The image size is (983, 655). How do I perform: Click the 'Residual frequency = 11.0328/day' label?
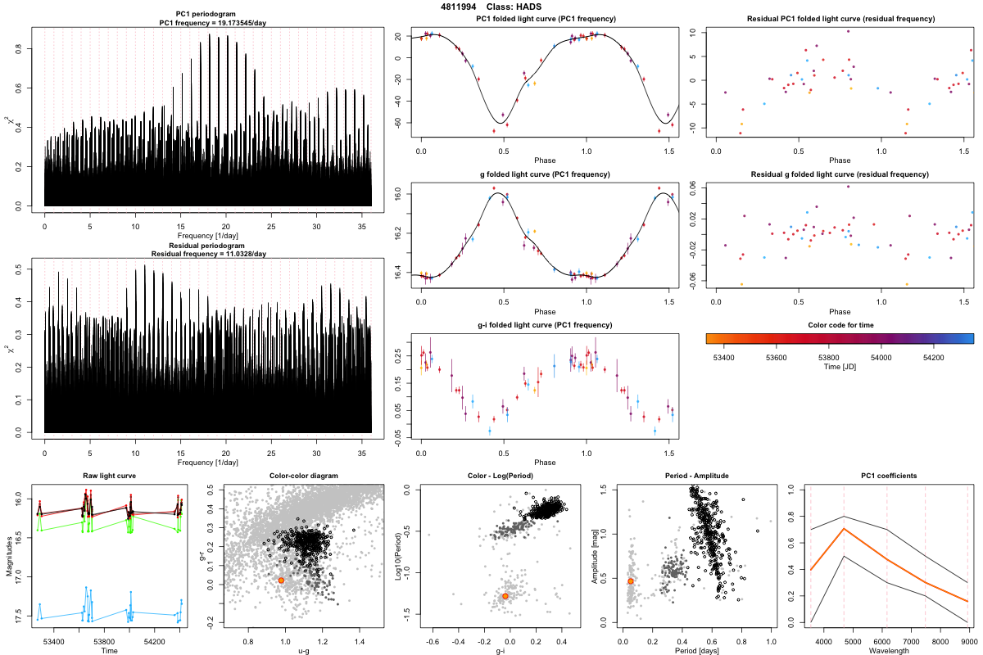tap(208, 254)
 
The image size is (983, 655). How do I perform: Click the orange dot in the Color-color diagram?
tap(281, 580)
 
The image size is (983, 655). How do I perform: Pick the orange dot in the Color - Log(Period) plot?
tap(505, 596)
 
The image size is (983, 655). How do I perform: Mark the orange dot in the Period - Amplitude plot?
tap(630, 580)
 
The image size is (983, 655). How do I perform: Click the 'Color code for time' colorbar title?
tap(840, 325)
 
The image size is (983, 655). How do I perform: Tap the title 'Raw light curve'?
tap(109, 476)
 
